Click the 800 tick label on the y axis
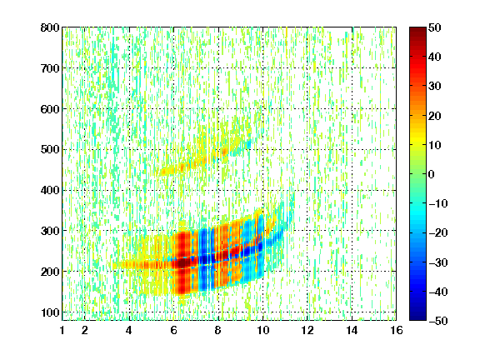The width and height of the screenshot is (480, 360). (x=50, y=27)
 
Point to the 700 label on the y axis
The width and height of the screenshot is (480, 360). (x=50, y=68)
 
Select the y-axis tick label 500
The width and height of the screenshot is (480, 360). (x=50, y=150)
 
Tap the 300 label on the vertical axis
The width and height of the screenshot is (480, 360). (x=50, y=231)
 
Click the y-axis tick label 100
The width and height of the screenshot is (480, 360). (x=50, y=312)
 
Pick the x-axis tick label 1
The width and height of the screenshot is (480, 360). (x=62, y=330)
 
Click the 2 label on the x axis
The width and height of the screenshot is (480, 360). (x=85, y=330)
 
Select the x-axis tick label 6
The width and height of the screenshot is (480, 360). (x=173, y=330)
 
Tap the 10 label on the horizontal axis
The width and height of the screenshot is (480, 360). (x=262, y=330)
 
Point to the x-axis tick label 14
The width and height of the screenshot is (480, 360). (x=352, y=330)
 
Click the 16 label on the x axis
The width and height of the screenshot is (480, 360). (x=397, y=330)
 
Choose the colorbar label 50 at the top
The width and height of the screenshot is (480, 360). (x=435, y=27)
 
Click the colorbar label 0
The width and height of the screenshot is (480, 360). (x=432, y=174)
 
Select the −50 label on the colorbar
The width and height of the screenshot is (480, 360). (x=438, y=321)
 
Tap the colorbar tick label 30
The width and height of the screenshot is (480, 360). (x=435, y=87)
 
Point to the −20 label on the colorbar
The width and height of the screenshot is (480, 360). (x=438, y=233)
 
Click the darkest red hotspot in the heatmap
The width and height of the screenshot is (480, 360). (x=183, y=262)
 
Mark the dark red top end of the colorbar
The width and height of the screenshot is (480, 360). (x=417, y=30)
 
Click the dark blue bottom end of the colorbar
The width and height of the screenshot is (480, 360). (x=417, y=317)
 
